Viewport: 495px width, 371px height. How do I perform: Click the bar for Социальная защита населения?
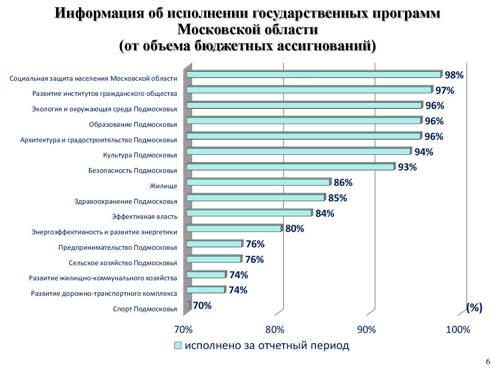(x=313, y=75)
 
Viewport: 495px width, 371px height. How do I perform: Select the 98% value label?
(x=454, y=75)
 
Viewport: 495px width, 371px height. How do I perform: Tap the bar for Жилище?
(x=258, y=182)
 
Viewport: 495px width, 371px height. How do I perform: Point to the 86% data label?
(x=343, y=182)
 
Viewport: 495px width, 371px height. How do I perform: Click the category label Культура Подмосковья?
(x=140, y=155)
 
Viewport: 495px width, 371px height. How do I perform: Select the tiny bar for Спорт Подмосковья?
(x=188, y=305)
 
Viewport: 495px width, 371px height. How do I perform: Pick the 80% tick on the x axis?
(x=275, y=330)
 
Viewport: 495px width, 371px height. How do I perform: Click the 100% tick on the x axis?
(x=458, y=330)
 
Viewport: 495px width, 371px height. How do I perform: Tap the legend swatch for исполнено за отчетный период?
(x=178, y=346)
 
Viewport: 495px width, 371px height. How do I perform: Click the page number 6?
(x=488, y=361)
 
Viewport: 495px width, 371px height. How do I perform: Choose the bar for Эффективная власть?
(x=249, y=213)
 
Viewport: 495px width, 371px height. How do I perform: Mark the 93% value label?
(x=407, y=167)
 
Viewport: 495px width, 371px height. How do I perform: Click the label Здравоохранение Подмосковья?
(x=126, y=201)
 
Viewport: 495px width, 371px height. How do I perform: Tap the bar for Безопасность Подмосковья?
(x=290, y=167)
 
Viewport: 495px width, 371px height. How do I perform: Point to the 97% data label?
(x=445, y=90)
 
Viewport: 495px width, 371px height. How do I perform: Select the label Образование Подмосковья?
(x=133, y=124)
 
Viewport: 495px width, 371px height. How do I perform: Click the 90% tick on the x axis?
(x=366, y=330)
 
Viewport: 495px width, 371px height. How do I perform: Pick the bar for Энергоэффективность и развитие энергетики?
(x=234, y=228)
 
